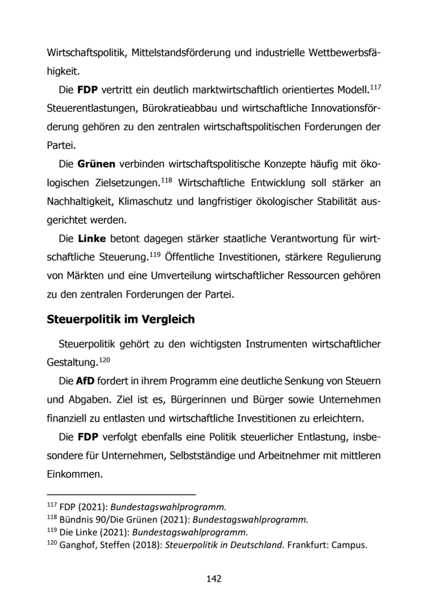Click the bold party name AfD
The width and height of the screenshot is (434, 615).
pyautogui.click(x=85, y=381)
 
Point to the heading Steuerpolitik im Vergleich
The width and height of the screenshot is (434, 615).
pyautogui.click(x=121, y=320)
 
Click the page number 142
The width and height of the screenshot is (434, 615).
pyautogui.click(x=215, y=579)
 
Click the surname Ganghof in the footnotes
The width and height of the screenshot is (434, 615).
pyautogui.click(x=79, y=546)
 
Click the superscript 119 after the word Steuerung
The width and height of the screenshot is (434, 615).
pyautogui.click(x=155, y=254)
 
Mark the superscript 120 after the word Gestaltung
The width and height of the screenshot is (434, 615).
pyautogui.click(x=105, y=360)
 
